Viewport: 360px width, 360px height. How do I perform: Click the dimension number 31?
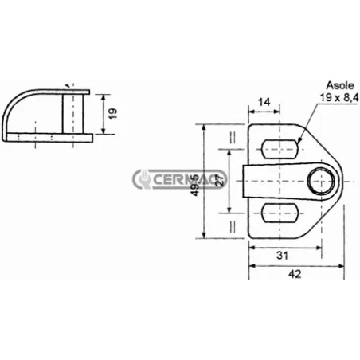[280, 255]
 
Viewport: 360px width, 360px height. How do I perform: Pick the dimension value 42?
[295, 274]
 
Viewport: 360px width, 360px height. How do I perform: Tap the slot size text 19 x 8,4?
[339, 97]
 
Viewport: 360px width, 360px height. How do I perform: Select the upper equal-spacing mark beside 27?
[232, 138]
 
